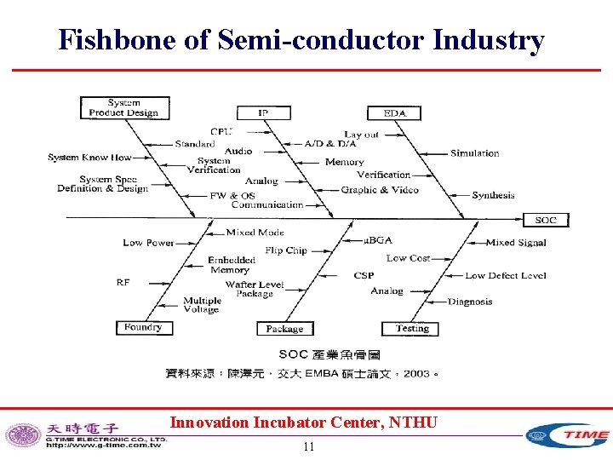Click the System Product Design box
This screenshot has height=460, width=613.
123,107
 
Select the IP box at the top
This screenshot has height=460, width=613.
263,112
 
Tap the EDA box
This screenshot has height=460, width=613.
394,112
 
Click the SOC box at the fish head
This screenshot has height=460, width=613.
546,220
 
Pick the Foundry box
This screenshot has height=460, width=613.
142,327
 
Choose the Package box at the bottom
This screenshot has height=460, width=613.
284,329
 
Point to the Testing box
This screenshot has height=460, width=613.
413,328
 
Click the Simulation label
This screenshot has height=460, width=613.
475,153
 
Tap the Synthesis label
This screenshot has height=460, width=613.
493,195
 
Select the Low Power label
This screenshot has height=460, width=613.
148,243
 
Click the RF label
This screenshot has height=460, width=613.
123,282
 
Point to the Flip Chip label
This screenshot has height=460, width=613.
285,250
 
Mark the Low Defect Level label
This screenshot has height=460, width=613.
506,275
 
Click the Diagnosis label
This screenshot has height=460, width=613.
470,302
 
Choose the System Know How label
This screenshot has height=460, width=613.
89,158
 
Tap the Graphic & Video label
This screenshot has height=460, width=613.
380,190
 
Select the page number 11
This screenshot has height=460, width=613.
308,447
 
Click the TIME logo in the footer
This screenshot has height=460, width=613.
568,435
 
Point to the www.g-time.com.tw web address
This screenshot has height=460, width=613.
104,445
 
